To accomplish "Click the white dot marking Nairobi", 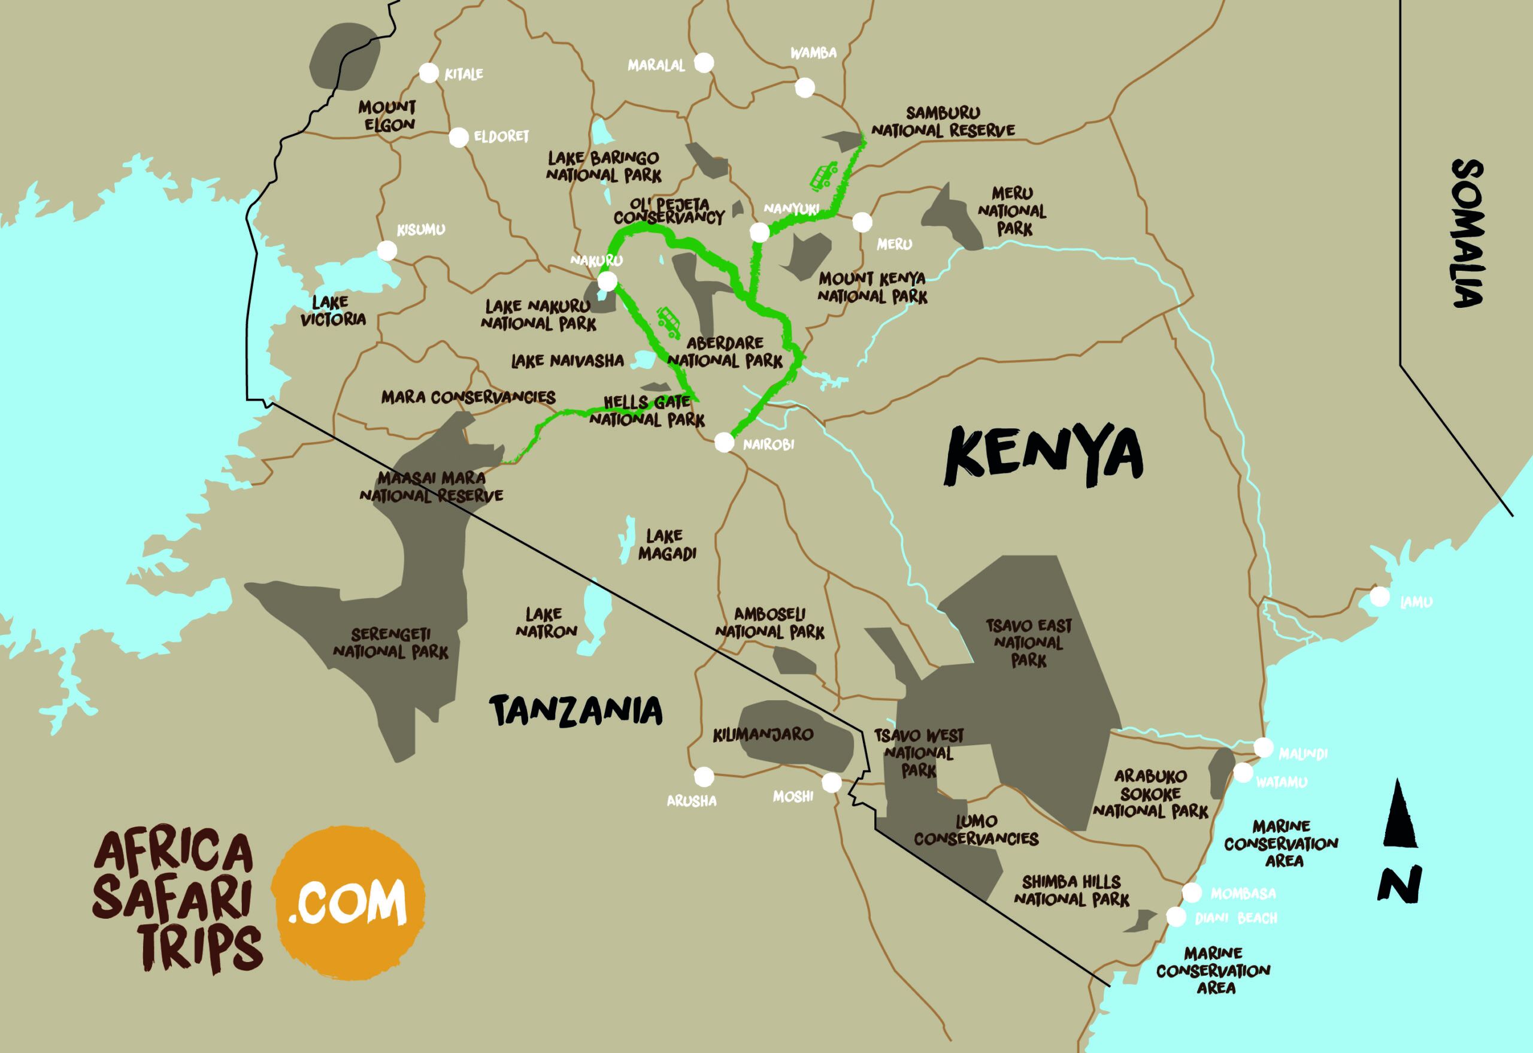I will click(x=723, y=442).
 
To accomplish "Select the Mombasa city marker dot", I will click(x=1191, y=892).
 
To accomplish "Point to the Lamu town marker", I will click(x=1379, y=597).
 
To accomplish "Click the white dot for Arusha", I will click(x=704, y=776).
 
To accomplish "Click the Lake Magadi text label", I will click(x=666, y=545).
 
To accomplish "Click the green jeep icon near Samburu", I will click(x=822, y=175).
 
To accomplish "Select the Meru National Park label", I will click(x=1012, y=211).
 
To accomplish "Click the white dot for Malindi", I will click(x=1263, y=748).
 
